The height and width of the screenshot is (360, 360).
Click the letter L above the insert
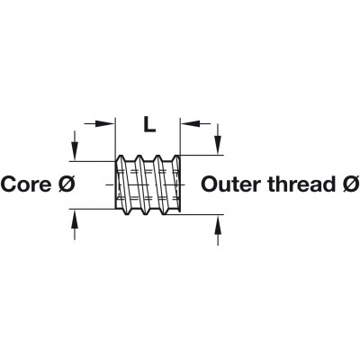point(149,124)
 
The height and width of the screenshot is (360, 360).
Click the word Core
point(26,184)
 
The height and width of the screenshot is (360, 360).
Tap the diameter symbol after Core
point(66,184)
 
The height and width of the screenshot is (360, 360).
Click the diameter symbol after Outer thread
point(350,184)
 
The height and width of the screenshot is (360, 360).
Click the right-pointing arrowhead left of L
point(105,123)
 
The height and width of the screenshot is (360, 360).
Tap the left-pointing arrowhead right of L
point(190,123)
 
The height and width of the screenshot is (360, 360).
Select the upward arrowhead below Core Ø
point(74,219)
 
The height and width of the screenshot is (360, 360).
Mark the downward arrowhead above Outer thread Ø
point(218,145)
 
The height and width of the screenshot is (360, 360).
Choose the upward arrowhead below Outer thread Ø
point(218,224)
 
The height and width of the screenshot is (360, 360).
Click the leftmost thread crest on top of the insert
point(121,157)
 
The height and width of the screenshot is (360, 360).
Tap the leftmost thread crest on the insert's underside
point(127,212)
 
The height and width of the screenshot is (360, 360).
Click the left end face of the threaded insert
point(116,184)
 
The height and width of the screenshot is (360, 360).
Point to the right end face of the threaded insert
point(179,184)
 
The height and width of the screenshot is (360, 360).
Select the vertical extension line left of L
point(115,139)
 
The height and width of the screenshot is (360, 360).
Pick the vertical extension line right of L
point(179,137)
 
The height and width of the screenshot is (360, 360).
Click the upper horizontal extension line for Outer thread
point(202,155)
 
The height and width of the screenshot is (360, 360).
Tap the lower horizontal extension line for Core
point(93,209)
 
